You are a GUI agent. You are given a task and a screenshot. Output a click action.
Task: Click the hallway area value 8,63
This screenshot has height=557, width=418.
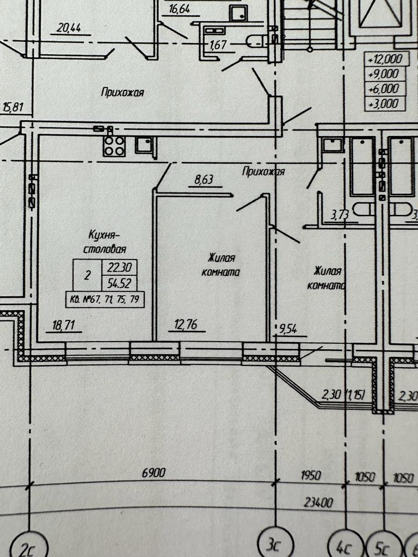click(x=204, y=181)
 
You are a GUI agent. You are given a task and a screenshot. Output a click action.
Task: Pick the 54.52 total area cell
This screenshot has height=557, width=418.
click(x=119, y=283)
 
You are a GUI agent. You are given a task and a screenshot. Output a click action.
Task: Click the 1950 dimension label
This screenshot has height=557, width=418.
click(x=311, y=476)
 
